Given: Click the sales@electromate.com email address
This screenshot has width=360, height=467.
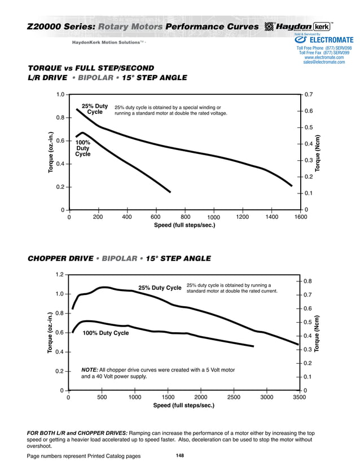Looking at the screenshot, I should (324, 63).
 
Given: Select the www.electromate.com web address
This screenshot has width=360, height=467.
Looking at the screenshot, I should (324, 58).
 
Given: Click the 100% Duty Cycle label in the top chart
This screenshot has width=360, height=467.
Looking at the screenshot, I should (83, 148).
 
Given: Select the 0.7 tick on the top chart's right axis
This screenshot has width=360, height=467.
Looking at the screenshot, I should (308, 94).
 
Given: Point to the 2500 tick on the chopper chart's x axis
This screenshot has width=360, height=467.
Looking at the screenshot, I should (233, 397).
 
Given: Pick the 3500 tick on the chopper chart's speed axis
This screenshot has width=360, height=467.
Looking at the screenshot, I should (299, 397).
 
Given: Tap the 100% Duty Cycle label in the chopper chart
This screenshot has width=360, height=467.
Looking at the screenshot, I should (106, 333).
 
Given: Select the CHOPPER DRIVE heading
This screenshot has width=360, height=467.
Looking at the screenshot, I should (60, 259).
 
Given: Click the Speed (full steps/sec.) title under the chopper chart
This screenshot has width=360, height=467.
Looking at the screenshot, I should (184, 406).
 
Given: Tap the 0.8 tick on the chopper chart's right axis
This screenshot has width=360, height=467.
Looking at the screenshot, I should (308, 281).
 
